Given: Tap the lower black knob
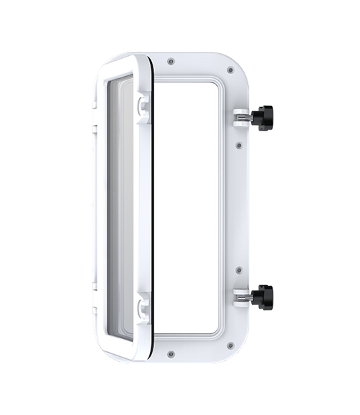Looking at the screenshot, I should click(x=263, y=296).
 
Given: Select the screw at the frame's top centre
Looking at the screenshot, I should click(x=171, y=62).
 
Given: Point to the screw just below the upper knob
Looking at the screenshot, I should click(x=238, y=145).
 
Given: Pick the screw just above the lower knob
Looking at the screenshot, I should click(x=238, y=270).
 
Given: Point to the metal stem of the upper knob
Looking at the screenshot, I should click(x=247, y=117).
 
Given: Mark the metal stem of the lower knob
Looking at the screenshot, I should click(x=247, y=297).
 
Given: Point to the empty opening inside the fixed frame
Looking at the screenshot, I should click(x=187, y=207).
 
